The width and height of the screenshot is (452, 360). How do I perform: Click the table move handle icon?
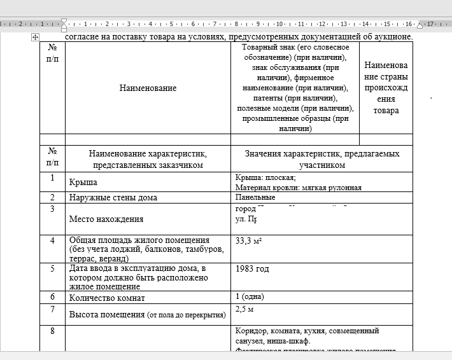36,38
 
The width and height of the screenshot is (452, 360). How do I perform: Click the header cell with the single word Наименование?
148,88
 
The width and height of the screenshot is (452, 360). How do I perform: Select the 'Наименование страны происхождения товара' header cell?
386,88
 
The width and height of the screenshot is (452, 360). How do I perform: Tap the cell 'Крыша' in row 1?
83,183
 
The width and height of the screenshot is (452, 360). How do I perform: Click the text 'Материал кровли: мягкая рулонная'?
299,188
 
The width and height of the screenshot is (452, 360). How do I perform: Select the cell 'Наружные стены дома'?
113,197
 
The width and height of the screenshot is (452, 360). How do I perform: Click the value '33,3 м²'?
249,240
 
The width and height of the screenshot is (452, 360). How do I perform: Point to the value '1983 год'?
252,269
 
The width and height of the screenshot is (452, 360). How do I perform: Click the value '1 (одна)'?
250,297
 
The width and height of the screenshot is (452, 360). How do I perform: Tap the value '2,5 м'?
245,309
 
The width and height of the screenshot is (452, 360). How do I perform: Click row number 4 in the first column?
52,240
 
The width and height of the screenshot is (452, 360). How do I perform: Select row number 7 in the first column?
52,310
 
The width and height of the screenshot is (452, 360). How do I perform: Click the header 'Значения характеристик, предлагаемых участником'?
322,159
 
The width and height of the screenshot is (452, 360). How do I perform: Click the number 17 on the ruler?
430,24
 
